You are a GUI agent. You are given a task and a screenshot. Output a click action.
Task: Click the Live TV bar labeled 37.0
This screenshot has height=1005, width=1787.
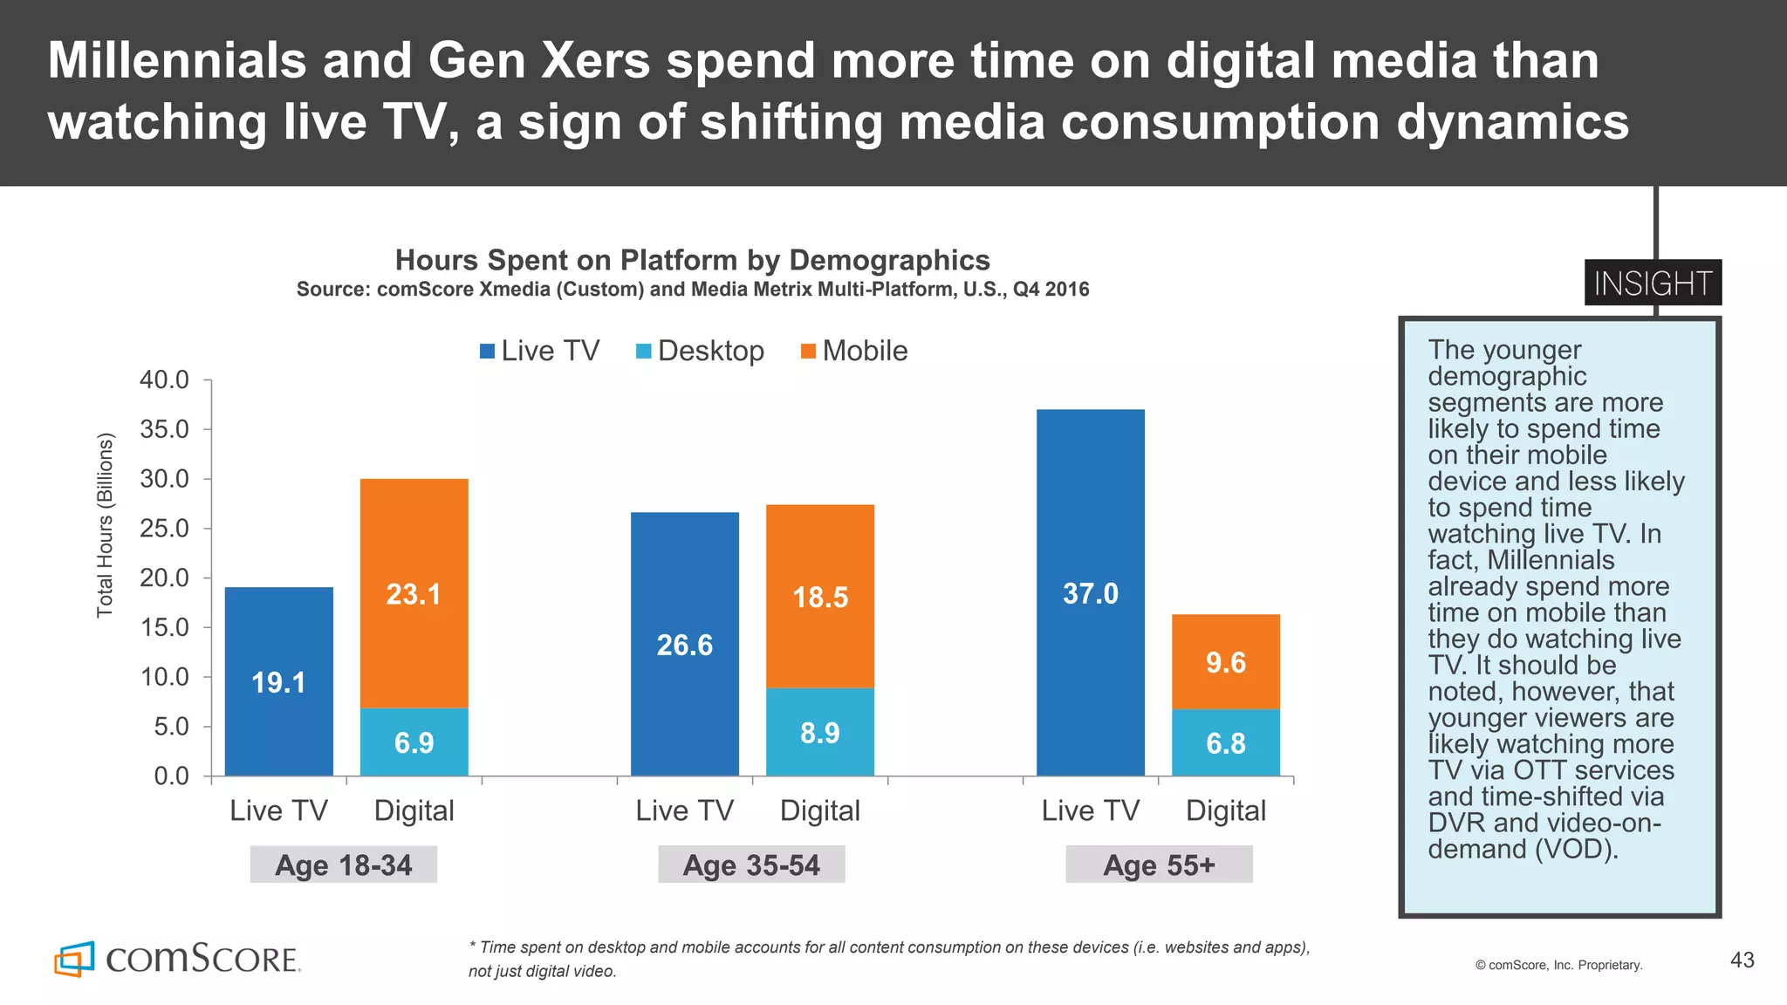(1090, 592)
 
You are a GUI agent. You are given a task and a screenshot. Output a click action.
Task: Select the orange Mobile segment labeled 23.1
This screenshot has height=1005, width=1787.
(414, 593)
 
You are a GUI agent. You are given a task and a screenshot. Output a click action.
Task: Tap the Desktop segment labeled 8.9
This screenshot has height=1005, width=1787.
(819, 732)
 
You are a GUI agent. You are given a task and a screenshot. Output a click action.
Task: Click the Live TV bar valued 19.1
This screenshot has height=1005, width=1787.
(278, 681)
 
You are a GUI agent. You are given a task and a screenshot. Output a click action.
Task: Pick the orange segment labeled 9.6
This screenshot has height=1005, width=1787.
(1225, 661)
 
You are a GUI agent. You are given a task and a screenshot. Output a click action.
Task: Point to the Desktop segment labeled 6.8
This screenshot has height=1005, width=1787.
(1225, 742)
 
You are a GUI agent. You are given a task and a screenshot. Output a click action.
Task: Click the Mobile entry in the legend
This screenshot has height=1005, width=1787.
(854, 351)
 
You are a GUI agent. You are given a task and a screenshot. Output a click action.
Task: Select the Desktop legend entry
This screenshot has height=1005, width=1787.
(700, 351)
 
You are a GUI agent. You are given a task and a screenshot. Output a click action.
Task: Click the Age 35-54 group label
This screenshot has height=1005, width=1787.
(751, 865)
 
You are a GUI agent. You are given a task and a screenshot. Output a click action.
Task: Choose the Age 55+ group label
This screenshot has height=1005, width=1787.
(1159, 865)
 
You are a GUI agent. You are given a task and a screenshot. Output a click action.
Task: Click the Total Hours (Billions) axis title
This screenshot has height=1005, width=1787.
(106, 525)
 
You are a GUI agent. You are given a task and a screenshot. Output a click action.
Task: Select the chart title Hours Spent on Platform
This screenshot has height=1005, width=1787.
(692, 260)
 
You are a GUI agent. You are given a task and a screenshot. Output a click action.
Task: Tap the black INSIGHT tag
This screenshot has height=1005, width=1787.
(1653, 283)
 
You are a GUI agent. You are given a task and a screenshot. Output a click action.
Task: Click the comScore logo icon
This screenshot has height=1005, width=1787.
(74, 959)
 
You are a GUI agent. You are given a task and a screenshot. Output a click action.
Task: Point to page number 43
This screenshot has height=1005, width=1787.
(1742, 960)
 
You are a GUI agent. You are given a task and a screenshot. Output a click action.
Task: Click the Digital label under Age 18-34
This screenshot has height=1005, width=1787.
(414, 810)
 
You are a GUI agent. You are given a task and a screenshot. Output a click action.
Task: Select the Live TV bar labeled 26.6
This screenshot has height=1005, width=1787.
(684, 644)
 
